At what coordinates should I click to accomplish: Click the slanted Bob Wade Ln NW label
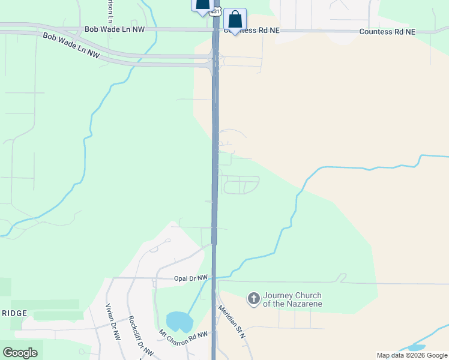(71, 45)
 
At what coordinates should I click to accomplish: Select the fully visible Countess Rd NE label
(387, 32)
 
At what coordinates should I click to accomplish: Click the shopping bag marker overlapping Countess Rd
(235, 19)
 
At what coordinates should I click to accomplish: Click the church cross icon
(253, 298)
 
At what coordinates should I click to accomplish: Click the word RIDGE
(13, 314)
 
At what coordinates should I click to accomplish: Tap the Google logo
(20, 352)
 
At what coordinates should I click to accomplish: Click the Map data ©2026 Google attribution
(412, 355)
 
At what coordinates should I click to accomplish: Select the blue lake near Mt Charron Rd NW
(179, 322)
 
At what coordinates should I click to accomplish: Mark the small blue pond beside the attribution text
(416, 347)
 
